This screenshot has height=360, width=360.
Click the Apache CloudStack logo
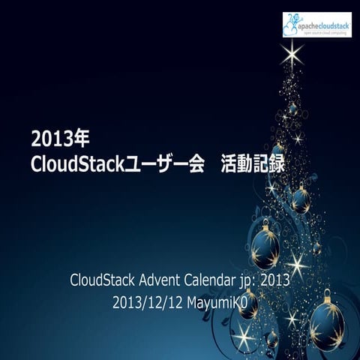tap(316, 25)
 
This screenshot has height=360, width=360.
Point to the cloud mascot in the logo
tap(292, 24)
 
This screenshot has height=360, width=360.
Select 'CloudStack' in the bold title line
tap(71, 163)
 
